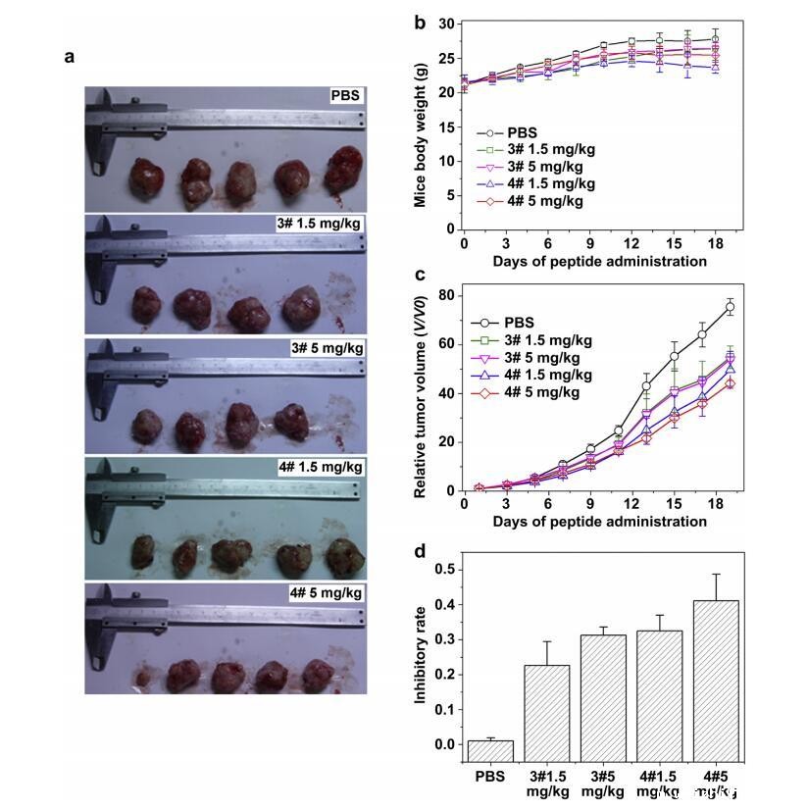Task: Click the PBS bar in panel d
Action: click(x=490, y=750)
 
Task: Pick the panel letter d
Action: click(x=420, y=552)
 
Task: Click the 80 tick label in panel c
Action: click(x=446, y=295)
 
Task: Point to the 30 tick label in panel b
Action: click(x=446, y=24)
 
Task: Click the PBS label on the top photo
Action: click(x=346, y=96)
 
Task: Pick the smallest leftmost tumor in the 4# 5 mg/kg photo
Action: click(x=145, y=677)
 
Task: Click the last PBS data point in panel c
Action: click(x=730, y=307)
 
